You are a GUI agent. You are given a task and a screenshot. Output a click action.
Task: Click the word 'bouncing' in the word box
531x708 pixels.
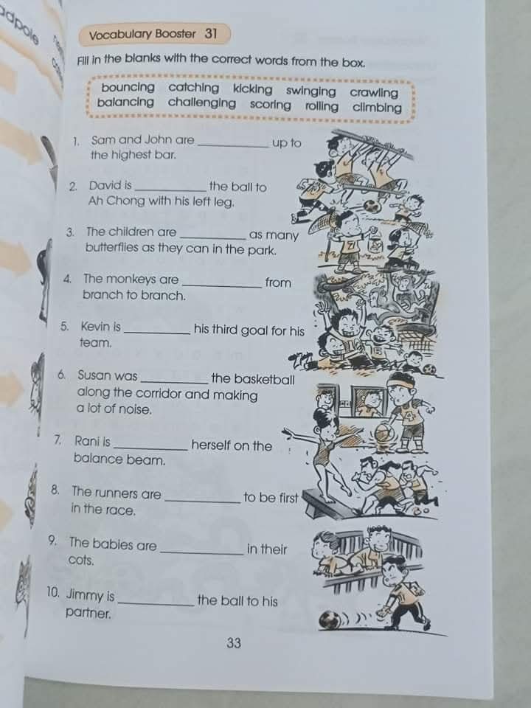click(128, 87)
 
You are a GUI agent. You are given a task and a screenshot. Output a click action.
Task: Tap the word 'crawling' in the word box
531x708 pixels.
click(374, 92)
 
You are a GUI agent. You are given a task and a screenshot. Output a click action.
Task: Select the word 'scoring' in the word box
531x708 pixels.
click(270, 105)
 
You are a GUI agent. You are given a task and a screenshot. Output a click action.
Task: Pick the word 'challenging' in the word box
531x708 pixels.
click(202, 103)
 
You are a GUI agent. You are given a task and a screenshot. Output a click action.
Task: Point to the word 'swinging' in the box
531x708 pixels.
click(310, 91)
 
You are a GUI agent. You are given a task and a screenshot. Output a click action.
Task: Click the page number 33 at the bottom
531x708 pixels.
click(234, 643)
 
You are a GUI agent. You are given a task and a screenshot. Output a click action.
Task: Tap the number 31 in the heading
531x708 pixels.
click(211, 34)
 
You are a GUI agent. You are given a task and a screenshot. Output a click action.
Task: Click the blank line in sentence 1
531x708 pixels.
click(234, 146)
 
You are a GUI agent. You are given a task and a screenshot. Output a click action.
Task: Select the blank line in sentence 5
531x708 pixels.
click(157, 333)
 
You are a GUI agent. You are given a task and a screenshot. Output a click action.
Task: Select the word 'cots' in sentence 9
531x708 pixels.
click(81, 560)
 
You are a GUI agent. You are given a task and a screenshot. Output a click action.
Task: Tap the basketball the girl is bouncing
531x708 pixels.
click(384, 435)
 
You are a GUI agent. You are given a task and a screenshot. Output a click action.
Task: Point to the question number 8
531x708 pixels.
click(55, 490)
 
